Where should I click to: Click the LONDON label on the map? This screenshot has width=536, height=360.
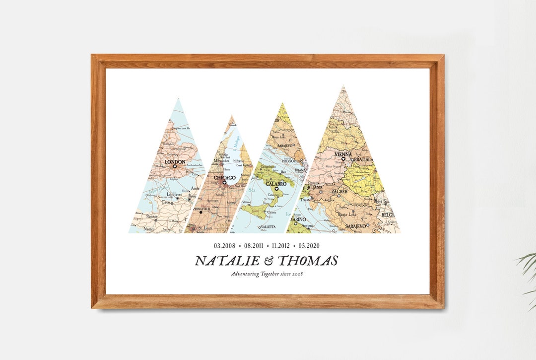(x=174, y=162)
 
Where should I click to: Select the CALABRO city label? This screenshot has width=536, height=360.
(x=276, y=183)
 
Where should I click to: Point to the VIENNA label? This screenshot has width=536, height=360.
(x=343, y=154)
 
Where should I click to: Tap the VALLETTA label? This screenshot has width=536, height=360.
(x=266, y=226)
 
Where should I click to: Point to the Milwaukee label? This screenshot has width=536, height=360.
(x=222, y=161)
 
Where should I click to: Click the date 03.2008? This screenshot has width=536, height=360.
(x=224, y=246)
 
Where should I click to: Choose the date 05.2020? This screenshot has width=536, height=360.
(x=309, y=246)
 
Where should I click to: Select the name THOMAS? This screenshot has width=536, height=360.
(x=308, y=261)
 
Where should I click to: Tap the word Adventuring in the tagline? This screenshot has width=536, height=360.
(x=246, y=274)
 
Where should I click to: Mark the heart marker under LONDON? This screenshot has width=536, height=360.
(x=175, y=167)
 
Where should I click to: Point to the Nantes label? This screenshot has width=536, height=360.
(x=148, y=229)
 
